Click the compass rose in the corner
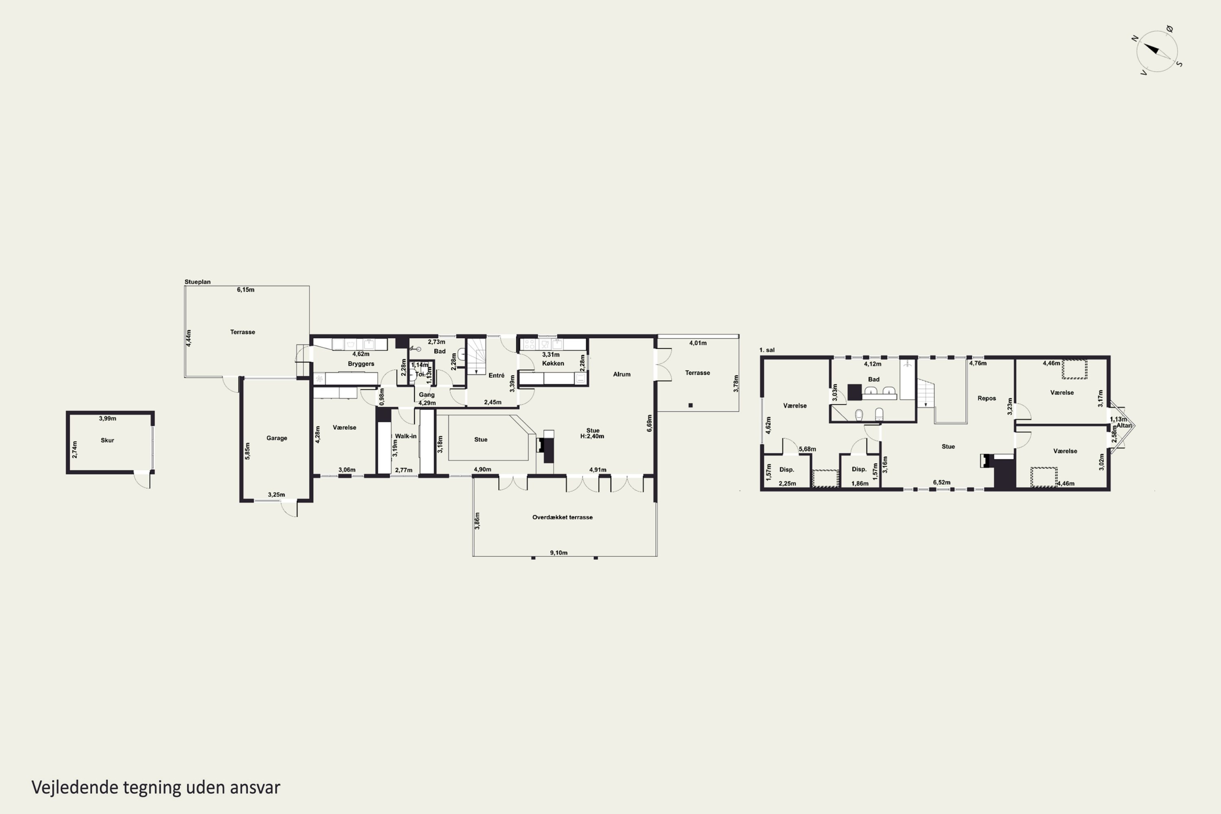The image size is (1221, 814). [x=1157, y=51]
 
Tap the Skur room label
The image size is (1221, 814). [x=107, y=440]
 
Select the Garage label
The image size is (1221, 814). [x=277, y=438]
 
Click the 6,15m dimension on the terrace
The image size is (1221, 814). [x=245, y=290]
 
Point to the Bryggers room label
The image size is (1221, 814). [x=361, y=364]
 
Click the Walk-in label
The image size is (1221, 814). [x=406, y=436]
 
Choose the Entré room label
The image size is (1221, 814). [x=496, y=375]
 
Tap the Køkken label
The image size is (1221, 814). [x=553, y=363]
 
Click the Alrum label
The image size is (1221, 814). [x=622, y=374]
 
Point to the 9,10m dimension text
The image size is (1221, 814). [x=558, y=553]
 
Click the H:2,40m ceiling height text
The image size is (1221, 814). [x=592, y=437]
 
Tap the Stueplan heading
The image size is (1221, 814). [x=198, y=282]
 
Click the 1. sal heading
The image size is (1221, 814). [x=767, y=350]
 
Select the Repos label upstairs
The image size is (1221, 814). [x=986, y=399]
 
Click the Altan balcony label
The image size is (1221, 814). [x=1124, y=426]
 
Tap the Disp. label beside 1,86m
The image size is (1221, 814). [x=859, y=469]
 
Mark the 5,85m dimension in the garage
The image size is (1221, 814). [x=247, y=451]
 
